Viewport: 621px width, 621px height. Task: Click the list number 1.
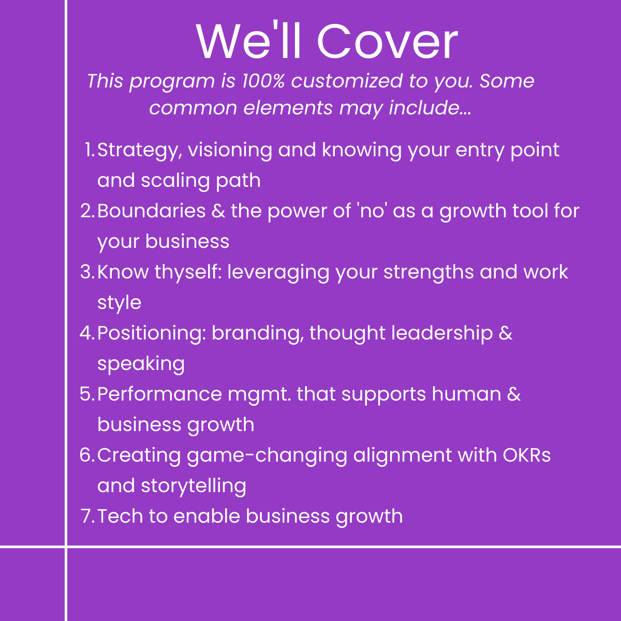(89, 150)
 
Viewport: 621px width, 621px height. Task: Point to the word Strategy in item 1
(140, 151)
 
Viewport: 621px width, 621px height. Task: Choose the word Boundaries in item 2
(151, 211)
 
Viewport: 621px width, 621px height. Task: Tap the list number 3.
(87, 272)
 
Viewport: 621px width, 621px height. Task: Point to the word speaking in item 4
(141, 364)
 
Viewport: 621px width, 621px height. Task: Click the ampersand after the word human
(514, 394)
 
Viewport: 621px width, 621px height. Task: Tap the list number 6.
(87, 455)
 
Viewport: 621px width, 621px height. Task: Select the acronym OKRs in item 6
(526, 455)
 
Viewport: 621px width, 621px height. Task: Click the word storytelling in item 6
(194, 486)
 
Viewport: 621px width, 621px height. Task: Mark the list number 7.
(87, 516)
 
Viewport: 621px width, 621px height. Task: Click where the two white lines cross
(66, 546)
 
